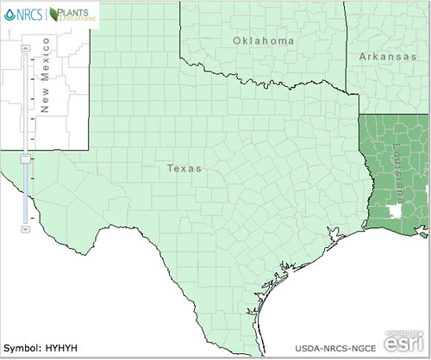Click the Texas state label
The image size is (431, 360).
coord(185,170)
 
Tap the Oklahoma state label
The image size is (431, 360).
coord(264,40)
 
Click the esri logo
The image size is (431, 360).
coord(408,344)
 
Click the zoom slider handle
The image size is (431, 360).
coord(25,158)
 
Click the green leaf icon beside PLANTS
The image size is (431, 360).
coord(56,14)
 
